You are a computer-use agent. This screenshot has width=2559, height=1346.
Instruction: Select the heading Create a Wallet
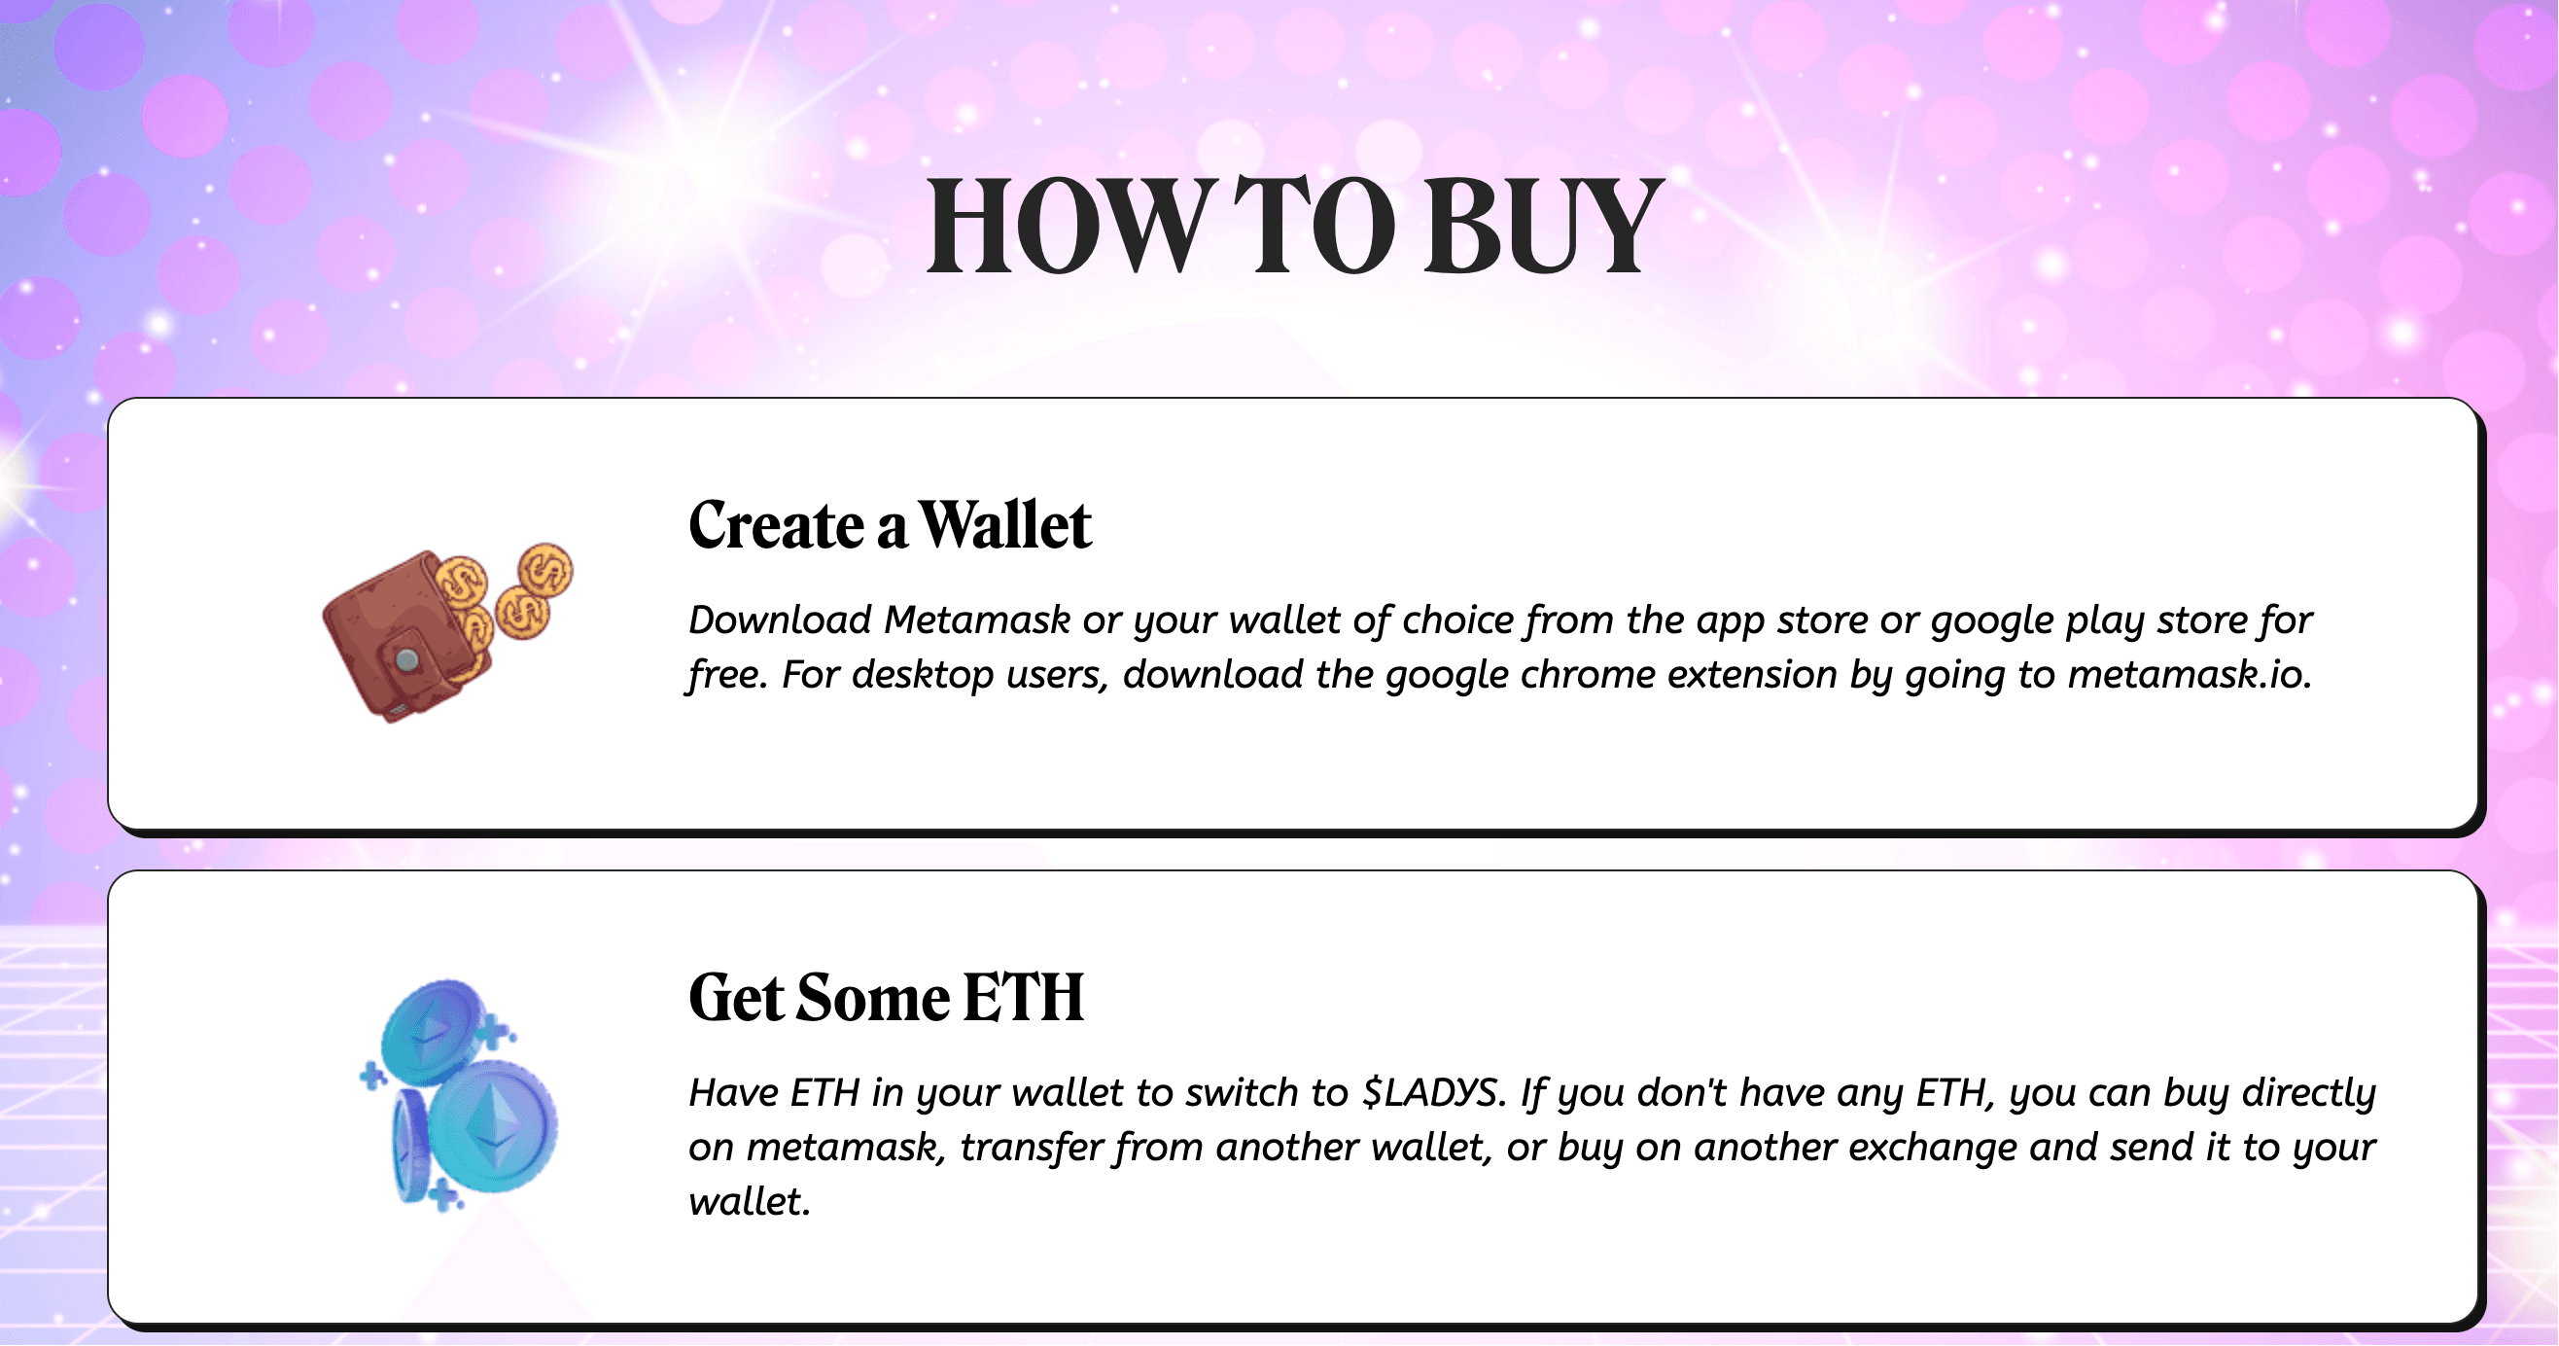click(x=890, y=525)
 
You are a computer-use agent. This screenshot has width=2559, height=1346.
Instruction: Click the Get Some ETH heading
click(x=886, y=999)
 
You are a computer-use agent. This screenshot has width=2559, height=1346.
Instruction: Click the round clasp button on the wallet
click(x=406, y=659)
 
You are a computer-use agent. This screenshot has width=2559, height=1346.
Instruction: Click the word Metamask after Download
click(x=977, y=620)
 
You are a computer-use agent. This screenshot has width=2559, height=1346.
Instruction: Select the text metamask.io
click(x=2190, y=676)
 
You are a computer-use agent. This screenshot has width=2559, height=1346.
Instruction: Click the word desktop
click(x=923, y=676)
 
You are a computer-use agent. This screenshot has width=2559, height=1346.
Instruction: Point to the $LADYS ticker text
click(x=1429, y=1093)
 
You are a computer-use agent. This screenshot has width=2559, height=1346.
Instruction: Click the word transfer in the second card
click(x=1032, y=1149)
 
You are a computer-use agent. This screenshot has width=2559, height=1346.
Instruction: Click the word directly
click(x=2309, y=1093)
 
